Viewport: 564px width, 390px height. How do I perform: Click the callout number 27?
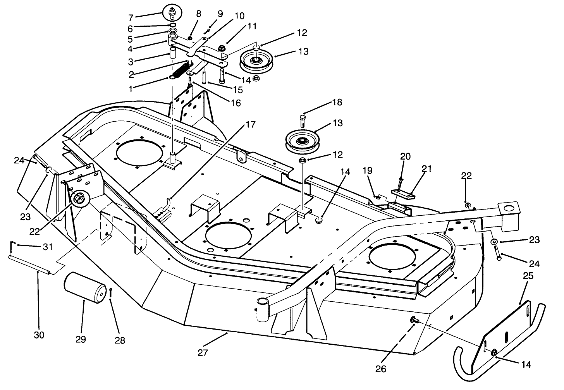point(203,353)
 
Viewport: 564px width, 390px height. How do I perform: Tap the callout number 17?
point(251,125)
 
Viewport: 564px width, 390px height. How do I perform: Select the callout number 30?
point(39,335)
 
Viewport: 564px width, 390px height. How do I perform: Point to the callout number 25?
point(528,276)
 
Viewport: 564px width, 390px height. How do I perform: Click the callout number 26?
point(381,369)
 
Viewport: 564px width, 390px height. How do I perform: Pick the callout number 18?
point(337,102)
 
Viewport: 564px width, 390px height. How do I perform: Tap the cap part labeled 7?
point(172,12)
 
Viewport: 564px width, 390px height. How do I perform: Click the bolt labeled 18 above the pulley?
point(303,121)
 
